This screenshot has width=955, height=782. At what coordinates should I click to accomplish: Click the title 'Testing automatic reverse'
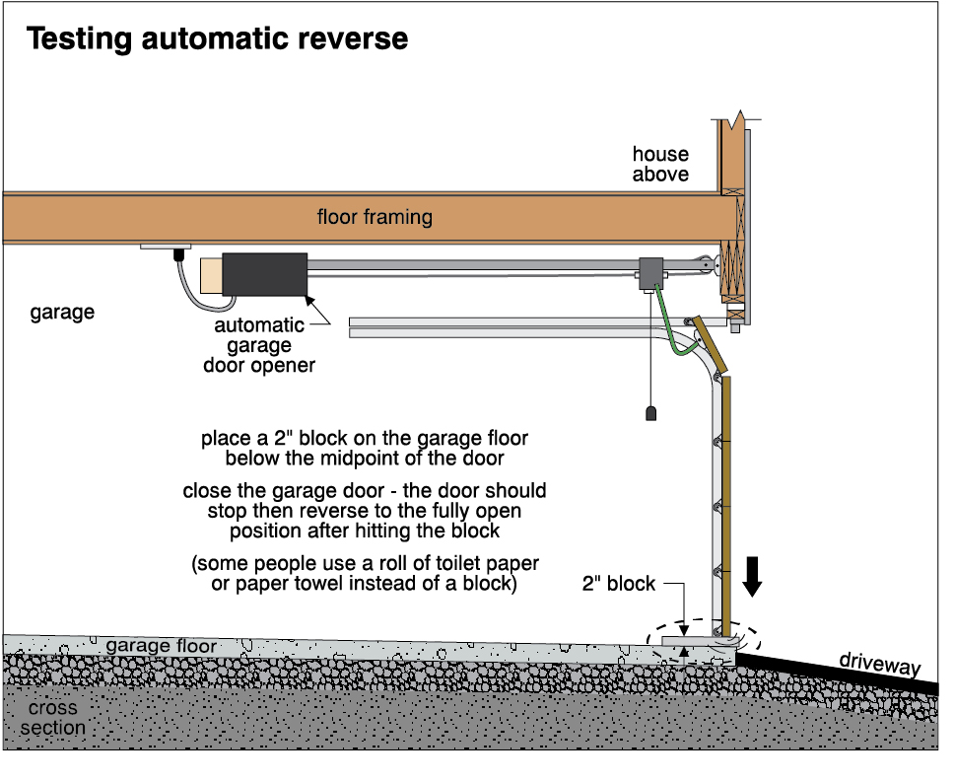coord(216,38)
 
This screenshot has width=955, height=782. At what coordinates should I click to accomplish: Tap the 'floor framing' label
coord(375,216)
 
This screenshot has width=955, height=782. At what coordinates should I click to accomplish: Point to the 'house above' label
coord(660,165)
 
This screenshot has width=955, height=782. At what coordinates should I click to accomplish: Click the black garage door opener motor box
coord(265,274)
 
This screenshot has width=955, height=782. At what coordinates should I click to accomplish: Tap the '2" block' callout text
coord(618,584)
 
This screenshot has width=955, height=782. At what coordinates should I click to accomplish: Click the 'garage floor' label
coord(162,646)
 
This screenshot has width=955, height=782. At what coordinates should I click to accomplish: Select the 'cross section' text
coord(55,718)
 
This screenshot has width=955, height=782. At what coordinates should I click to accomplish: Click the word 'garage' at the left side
coord(62,313)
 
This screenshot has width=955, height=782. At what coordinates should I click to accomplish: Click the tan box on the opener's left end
coord(211,275)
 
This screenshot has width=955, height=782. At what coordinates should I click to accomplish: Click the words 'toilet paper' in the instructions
coord(469,566)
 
